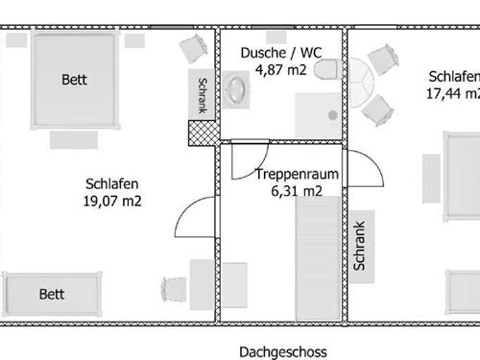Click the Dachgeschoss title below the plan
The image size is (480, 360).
click(283, 352)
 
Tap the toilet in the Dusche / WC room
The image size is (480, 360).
click(325, 69)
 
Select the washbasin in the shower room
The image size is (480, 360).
click(236, 89)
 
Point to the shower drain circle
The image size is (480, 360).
click(333, 115)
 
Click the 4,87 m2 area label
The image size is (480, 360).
click(280, 70)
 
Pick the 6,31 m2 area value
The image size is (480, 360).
click(297, 191)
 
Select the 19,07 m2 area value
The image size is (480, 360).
click(112, 201)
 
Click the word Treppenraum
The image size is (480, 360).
click(297, 174)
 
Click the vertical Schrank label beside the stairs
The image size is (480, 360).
click(359, 246)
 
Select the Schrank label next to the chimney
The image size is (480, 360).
click(203, 95)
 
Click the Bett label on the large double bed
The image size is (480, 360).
click(74, 80)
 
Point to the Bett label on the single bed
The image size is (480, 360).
click(52, 295)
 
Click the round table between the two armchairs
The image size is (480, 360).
click(361, 83)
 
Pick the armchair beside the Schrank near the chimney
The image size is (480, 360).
click(193, 49)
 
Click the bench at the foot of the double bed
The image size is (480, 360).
click(74, 140)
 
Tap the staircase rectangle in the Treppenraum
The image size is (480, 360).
click(318, 258)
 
